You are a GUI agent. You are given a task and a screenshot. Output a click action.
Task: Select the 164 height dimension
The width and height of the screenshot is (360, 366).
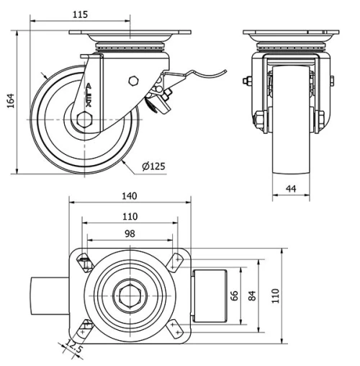click(10, 102)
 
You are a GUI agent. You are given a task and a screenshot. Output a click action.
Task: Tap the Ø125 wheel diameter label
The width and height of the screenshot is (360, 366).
click(153, 167)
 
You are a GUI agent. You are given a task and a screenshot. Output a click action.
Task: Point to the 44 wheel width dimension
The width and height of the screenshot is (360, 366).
click(291, 189)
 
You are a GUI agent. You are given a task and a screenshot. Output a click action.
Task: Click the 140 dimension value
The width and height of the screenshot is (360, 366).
click(130, 196)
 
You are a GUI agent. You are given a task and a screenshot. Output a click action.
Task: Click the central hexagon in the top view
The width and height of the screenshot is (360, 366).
click(130, 295)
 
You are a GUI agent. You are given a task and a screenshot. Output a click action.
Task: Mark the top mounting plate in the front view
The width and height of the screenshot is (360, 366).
click(291, 33)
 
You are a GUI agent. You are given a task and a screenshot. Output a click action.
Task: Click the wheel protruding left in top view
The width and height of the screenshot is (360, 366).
click(50, 295)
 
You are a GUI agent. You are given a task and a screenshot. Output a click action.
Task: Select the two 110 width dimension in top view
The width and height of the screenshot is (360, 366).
click(130, 215)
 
